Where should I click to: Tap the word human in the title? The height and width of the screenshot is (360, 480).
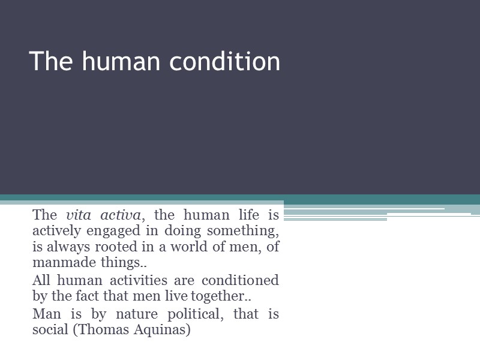coord(123,62)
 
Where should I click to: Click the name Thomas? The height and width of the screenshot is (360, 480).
coord(103,330)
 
